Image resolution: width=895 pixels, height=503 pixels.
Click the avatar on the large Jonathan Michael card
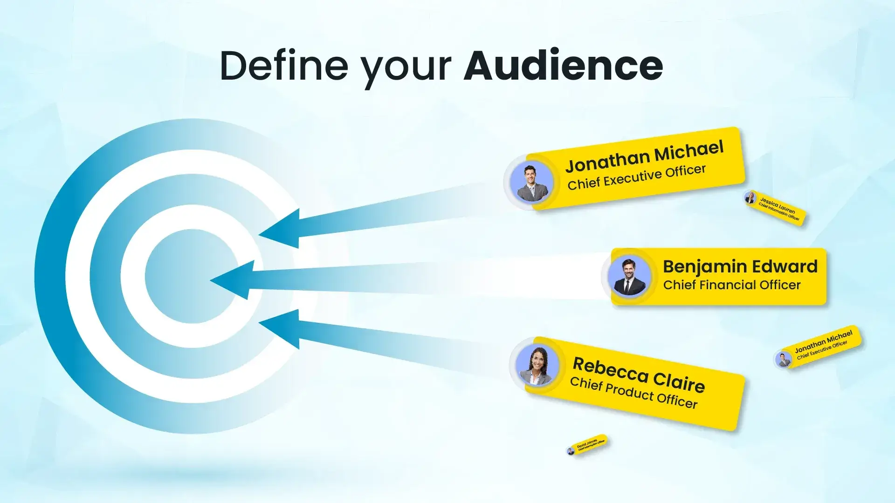pos(530,182)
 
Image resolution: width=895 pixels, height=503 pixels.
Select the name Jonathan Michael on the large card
pos(644,156)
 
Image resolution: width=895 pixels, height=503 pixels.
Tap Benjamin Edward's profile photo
pos(629,277)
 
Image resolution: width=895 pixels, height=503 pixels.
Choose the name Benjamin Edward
pos(740,266)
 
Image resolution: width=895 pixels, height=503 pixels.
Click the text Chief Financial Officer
pos(731,285)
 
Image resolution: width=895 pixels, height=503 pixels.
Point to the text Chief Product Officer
pos(633,392)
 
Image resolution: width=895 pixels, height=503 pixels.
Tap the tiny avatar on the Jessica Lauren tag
pos(750,198)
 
